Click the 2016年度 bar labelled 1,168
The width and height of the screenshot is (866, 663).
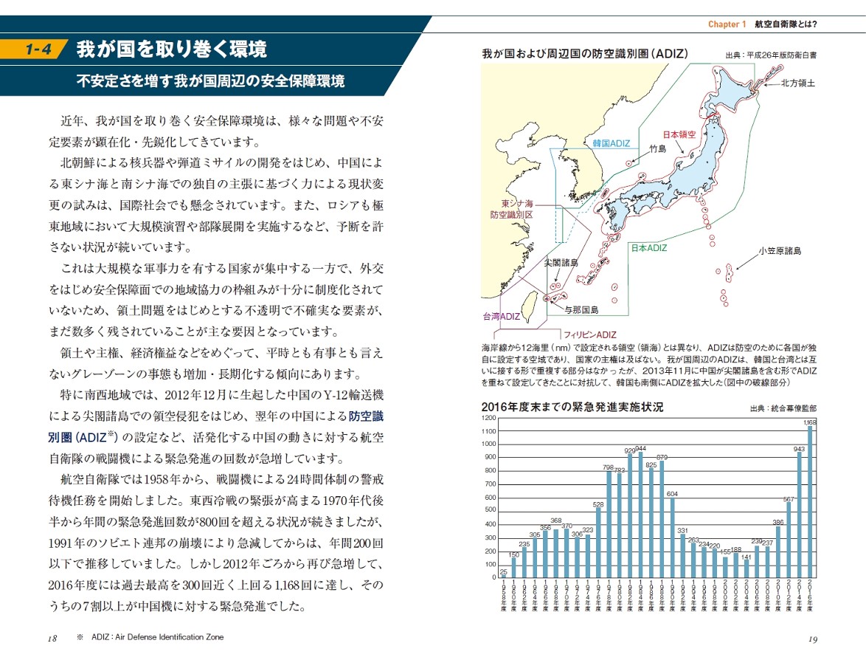[810, 502]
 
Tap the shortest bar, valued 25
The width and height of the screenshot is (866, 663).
[504, 576]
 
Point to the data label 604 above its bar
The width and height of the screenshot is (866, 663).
[672, 493]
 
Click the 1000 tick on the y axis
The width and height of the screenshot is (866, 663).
[488, 444]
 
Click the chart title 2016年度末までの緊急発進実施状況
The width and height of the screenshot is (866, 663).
[572, 407]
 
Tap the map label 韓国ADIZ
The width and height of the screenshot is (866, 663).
[612, 142]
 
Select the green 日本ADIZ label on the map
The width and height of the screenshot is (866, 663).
[648, 248]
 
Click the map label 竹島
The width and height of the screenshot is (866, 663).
[657, 148]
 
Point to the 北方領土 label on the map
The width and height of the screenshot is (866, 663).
[798, 83]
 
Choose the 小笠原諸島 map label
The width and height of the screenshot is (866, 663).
[785, 251]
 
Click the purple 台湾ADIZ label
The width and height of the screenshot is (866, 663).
[502, 316]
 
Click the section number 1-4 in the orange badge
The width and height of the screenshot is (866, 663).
[37, 50]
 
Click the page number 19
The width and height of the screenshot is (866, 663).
[812, 639]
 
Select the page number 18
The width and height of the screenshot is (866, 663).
[52, 639]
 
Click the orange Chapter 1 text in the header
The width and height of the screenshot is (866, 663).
[727, 24]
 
